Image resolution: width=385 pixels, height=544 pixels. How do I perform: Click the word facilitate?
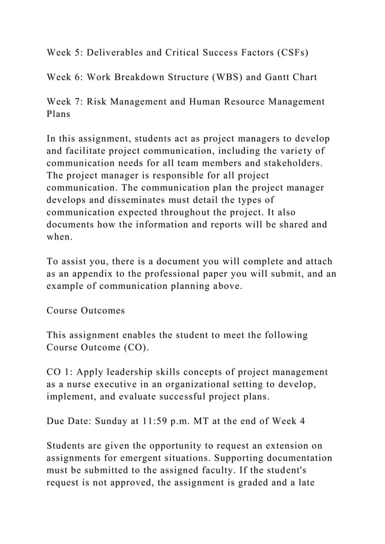pos(95,151)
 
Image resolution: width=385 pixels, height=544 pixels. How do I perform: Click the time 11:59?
pos(161,422)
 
